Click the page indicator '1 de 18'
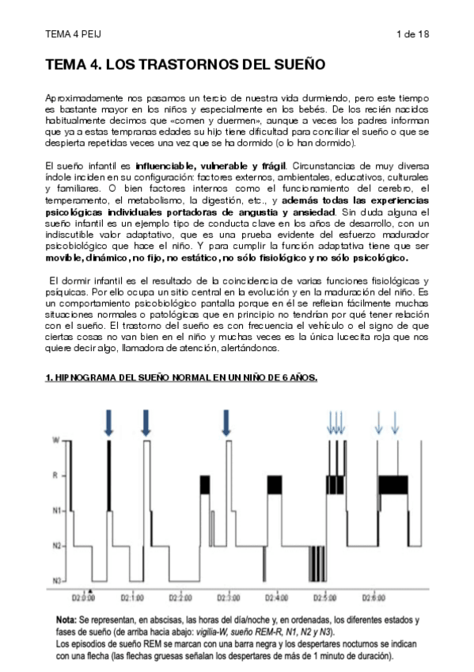[x=411, y=34]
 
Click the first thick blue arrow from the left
[x=108, y=422]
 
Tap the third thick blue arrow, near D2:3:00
[x=226, y=422]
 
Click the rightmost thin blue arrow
[x=395, y=422]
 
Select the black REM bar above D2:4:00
[x=275, y=483]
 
